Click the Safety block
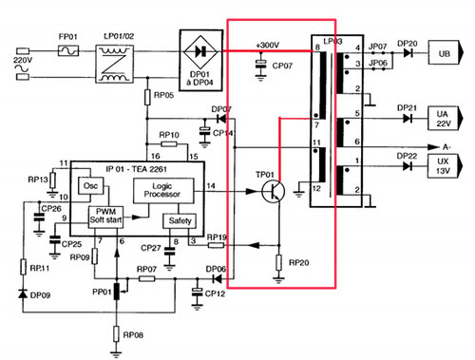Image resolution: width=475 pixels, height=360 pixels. pos(179,221)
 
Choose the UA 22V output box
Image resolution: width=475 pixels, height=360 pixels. pos(446,118)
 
